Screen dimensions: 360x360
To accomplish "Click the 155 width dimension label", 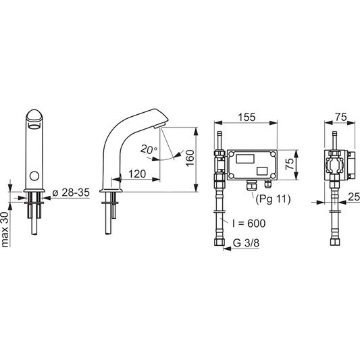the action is click(x=247, y=117).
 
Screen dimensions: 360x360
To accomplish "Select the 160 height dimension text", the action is click(x=190, y=158).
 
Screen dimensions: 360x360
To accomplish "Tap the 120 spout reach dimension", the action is click(x=137, y=174).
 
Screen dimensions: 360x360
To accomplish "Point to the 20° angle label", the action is click(x=149, y=149).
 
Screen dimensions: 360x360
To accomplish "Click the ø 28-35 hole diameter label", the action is click(x=71, y=192).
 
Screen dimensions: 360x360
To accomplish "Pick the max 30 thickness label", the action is click(x=5, y=230).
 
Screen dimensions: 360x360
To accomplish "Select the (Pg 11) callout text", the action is click(x=273, y=199).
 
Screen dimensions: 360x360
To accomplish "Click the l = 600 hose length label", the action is click(x=249, y=223).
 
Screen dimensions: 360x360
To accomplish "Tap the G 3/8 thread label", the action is click(x=246, y=242).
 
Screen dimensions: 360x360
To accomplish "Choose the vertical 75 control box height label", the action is click(x=290, y=163).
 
